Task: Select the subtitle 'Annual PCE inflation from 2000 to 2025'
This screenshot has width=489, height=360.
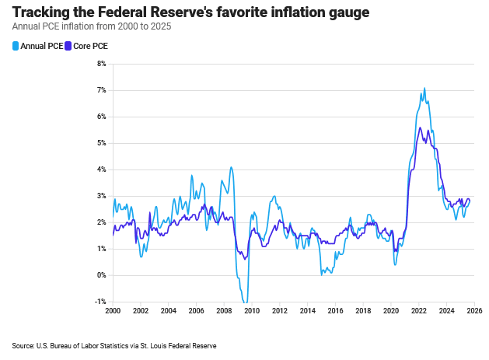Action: [92, 26]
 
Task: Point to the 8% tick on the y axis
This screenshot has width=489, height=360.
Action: [101, 64]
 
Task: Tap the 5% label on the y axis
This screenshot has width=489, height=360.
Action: [101, 143]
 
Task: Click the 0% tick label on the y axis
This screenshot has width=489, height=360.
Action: [101, 275]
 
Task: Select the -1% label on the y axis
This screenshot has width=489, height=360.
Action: [100, 302]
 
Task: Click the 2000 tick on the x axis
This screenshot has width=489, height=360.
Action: [113, 310]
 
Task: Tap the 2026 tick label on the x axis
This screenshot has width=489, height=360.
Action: [475, 310]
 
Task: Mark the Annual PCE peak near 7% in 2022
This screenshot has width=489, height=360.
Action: [424, 88]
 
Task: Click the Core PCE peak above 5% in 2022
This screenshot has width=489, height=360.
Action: [420, 128]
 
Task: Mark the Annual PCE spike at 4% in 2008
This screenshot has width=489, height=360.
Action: [231, 167]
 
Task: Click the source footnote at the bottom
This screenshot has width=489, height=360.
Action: [114, 345]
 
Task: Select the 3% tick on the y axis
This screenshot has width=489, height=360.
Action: [101, 196]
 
